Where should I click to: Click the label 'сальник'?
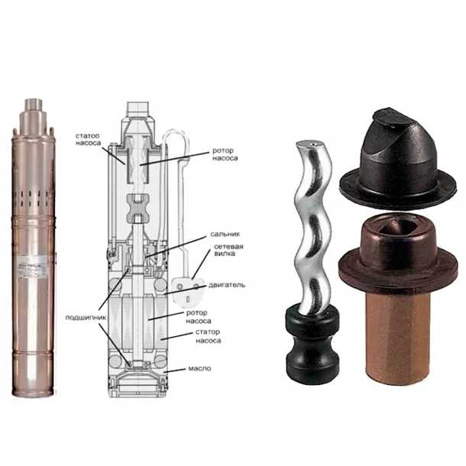(x=225, y=235)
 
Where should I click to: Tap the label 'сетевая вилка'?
(x=228, y=250)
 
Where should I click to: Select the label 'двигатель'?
(x=227, y=285)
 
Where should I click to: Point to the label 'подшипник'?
(x=86, y=318)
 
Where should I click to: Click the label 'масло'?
(x=199, y=368)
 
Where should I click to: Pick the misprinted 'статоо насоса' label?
(x=88, y=139)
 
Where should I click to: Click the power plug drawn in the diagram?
(x=188, y=293)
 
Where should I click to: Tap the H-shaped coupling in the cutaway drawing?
(x=137, y=209)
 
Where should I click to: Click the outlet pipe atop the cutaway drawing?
(x=138, y=108)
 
